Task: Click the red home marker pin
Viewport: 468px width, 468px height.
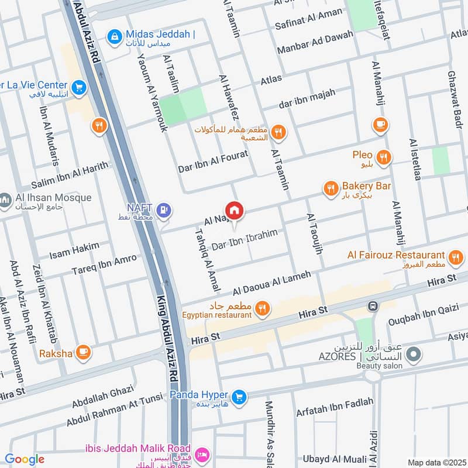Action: click(x=235, y=210)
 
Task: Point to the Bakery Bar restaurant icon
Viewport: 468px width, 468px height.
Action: click(x=331, y=188)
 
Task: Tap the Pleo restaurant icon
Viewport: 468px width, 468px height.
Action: click(x=384, y=156)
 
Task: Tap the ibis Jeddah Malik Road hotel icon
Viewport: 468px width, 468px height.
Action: click(x=202, y=454)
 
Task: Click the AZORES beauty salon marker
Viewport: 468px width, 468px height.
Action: click(x=414, y=355)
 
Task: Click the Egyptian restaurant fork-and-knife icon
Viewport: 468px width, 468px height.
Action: click(x=263, y=308)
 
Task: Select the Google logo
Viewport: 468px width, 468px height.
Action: click(x=25, y=459)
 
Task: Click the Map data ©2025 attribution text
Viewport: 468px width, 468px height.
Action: click(x=435, y=462)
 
